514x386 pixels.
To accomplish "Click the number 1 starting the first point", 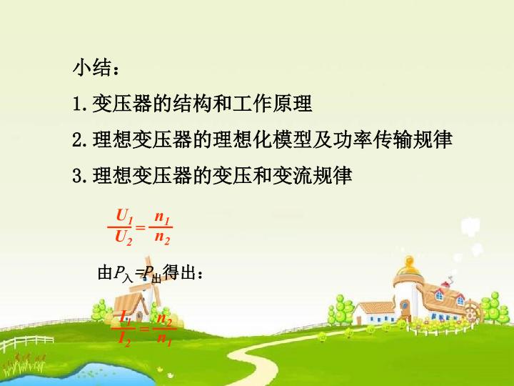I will click(x=77, y=104).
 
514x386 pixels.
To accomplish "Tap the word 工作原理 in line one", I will click(x=273, y=104).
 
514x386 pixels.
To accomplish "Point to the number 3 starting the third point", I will click(x=77, y=175).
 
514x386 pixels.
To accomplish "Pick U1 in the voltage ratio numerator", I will click(x=124, y=216).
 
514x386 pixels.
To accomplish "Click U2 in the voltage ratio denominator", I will click(x=124, y=237).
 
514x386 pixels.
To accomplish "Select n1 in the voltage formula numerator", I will click(x=162, y=216).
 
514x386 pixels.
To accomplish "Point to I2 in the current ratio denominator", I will click(x=124, y=339).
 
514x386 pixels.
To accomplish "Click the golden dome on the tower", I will click(x=409, y=268).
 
